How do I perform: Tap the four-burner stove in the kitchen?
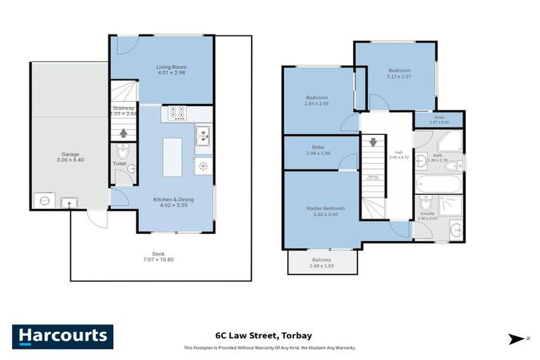176,112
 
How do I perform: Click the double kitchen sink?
202,134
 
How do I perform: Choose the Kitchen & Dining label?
174,200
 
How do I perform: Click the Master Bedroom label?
325,208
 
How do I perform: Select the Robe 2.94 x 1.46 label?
316,149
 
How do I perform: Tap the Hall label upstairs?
399,152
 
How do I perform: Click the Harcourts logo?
63,336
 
